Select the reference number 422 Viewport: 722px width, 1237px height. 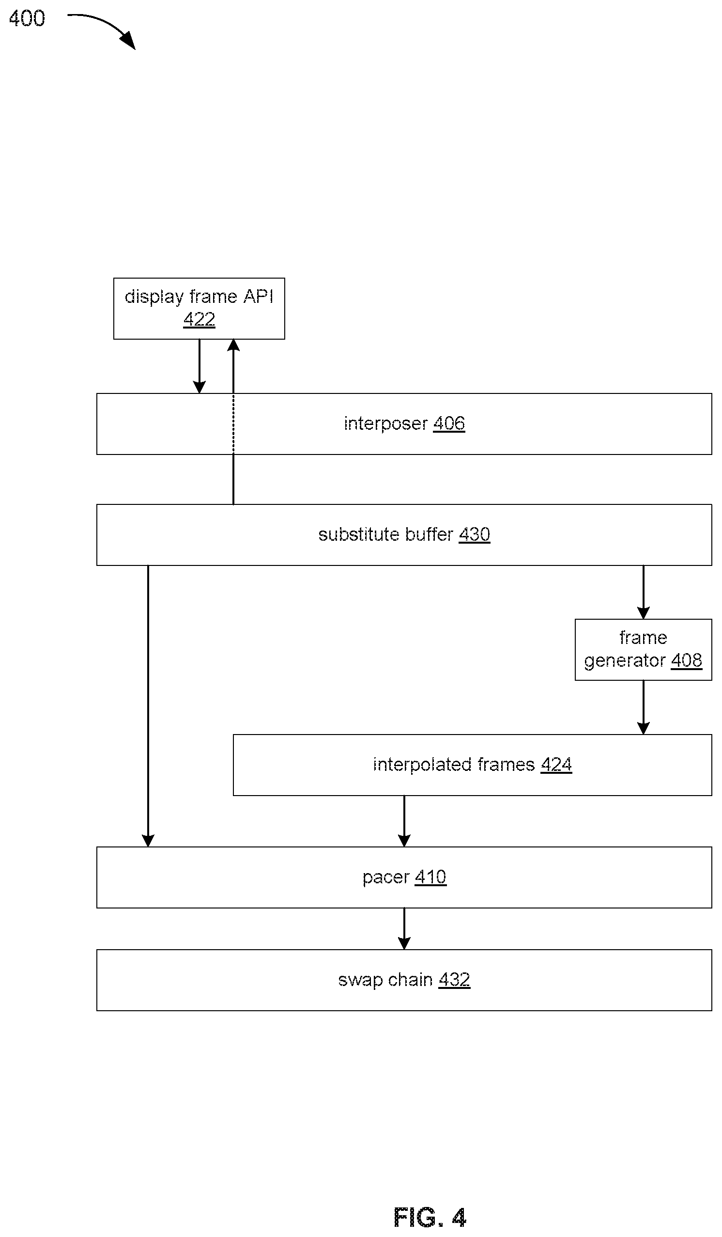tap(199, 320)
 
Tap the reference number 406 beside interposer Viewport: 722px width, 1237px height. tap(449, 423)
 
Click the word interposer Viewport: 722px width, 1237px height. tap(385, 423)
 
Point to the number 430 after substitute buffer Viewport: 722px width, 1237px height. tap(474, 534)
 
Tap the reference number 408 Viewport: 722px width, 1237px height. tap(686, 660)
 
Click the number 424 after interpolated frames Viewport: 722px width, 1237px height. tap(556, 764)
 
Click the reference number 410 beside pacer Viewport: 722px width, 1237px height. tap(430, 877)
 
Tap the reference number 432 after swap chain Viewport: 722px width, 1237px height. tap(454, 980)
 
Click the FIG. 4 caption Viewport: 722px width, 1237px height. tap(430, 1218)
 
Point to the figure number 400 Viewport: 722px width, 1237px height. tap(27, 18)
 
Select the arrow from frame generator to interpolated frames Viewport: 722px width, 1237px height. tap(643, 707)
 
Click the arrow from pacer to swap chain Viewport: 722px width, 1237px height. tap(404, 929)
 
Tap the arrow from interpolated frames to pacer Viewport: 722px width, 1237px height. tap(404, 821)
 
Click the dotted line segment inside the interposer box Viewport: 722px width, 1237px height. tap(233, 423)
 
